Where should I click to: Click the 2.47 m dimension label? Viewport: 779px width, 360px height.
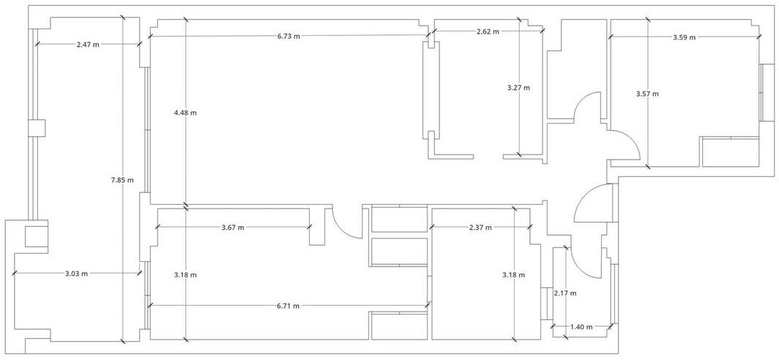[x=88, y=44]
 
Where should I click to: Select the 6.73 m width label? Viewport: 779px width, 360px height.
[x=288, y=36]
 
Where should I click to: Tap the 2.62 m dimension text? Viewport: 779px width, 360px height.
[x=488, y=31]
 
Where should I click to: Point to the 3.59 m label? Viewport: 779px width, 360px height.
[x=684, y=37]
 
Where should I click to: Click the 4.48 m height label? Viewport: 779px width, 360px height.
[x=185, y=113]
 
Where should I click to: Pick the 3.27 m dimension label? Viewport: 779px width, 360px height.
[x=518, y=88]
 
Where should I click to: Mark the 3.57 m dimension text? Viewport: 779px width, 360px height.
[x=647, y=94]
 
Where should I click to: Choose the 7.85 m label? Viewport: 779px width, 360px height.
[x=122, y=180]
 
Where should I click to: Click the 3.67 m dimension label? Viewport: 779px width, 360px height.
[x=233, y=228]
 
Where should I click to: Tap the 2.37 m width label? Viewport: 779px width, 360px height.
[x=480, y=228]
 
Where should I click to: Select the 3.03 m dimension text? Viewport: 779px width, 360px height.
[x=76, y=273]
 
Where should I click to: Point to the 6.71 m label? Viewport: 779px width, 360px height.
[x=288, y=306]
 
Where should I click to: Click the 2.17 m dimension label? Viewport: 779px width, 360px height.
[x=565, y=293]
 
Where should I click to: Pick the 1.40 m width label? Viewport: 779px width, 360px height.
[x=581, y=327]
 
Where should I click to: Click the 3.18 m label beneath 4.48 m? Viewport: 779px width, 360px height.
[x=185, y=274]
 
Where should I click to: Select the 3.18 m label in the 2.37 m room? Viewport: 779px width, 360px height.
[x=514, y=274]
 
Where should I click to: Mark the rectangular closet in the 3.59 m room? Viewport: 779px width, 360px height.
[x=731, y=152]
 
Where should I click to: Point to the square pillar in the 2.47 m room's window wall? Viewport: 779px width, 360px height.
[x=37, y=129]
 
